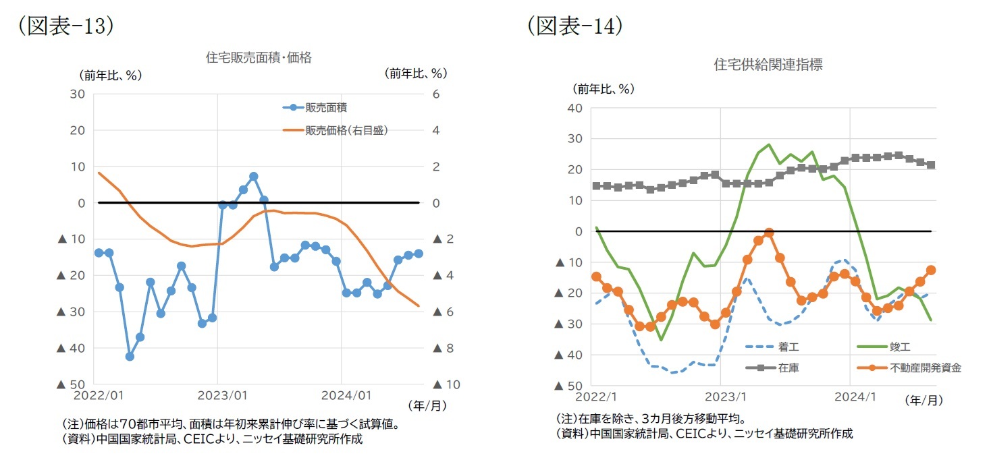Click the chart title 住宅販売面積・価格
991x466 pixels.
pyautogui.click(x=259, y=58)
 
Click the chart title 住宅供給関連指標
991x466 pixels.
pyautogui.click(x=768, y=65)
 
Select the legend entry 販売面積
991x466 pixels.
pyautogui.click(x=327, y=107)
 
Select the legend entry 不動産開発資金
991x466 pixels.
pyautogui.click(x=925, y=368)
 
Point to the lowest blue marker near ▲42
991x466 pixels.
pyautogui.click(x=130, y=356)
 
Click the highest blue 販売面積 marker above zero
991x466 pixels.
pyautogui.click(x=253, y=176)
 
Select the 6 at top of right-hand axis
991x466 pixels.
pyautogui.click(x=436, y=94)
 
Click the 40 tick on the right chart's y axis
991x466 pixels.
pyautogui.click(x=574, y=108)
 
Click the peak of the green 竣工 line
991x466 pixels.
pyautogui.click(x=769, y=144)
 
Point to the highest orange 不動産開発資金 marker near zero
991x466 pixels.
pyautogui.click(x=769, y=233)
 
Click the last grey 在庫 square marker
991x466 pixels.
pyautogui.click(x=931, y=165)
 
